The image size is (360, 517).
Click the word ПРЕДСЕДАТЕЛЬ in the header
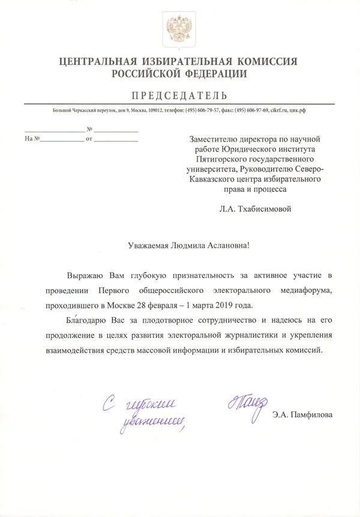point(180,95)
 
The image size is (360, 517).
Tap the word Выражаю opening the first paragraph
point(86,276)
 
